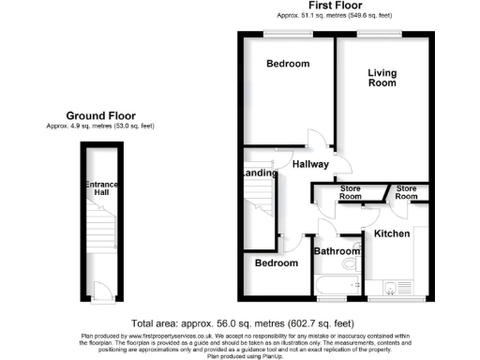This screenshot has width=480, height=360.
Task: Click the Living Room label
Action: coord(382,78)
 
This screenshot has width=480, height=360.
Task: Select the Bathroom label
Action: coord(337,251)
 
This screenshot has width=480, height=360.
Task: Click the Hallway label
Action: coord(310,165)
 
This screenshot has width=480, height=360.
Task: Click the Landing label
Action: coord(259,173)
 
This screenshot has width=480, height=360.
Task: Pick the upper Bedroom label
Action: coord(287,64)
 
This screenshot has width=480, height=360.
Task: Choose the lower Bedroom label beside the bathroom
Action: coord(277,263)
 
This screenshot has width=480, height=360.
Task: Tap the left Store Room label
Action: coord(351,193)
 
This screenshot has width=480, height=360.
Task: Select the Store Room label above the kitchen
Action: coord(407,193)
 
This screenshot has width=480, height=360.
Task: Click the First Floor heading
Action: coord(335,7)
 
